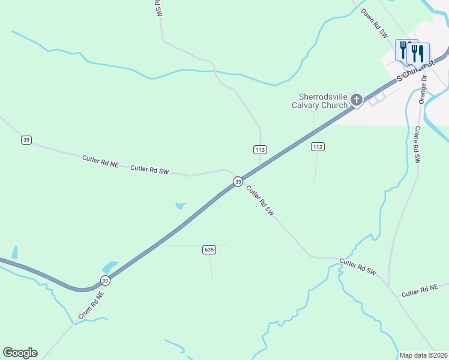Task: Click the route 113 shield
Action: coord(260,149)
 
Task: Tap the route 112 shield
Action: coord(318,146)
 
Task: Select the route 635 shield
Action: coord(209,250)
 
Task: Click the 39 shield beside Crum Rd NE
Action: coord(105,280)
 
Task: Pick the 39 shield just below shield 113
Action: coord(238,181)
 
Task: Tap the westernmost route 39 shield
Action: coord(26,140)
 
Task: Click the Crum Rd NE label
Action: coord(91,305)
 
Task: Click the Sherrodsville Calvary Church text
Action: coord(324,101)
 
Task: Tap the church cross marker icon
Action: coord(357,100)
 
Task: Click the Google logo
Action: coord(20,353)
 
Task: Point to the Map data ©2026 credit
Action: coord(424,355)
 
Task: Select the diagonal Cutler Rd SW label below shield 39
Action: coord(261,201)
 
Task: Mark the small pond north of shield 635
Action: coord(180,206)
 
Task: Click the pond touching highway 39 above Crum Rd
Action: coord(110,266)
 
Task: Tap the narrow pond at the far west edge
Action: coord(14,252)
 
